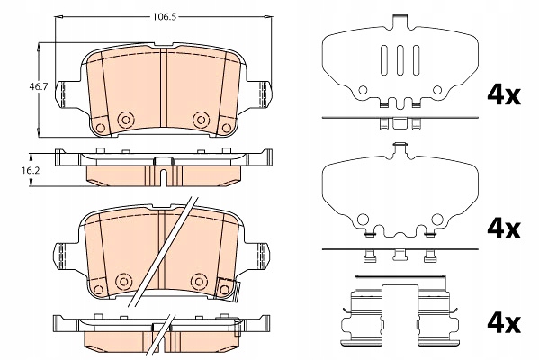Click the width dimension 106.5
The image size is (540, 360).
[160, 15]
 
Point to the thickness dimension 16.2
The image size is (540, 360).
[31, 167]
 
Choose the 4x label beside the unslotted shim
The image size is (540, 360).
[502, 229]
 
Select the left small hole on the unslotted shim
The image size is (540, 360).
[363, 219]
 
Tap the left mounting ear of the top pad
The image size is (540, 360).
[64, 92]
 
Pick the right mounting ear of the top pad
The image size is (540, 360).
[261, 92]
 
